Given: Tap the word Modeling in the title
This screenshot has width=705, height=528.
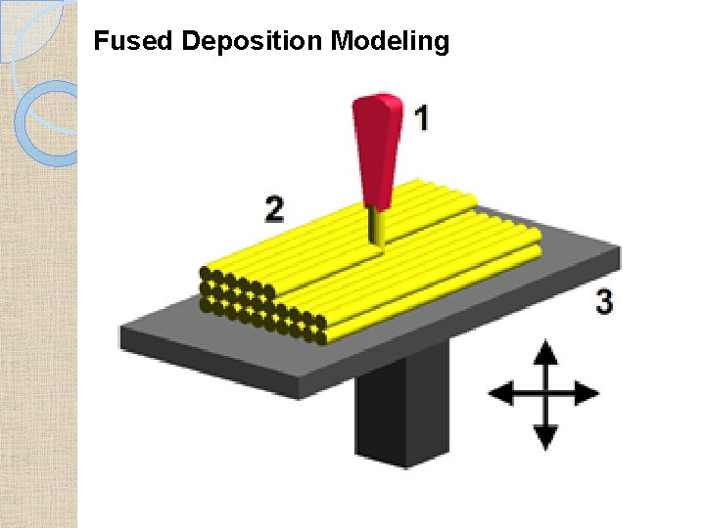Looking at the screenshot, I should pyautogui.click(x=390, y=42).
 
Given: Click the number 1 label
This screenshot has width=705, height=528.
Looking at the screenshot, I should pyautogui.click(x=421, y=120).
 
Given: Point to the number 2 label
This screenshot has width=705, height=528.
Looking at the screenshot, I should pyautogui.click(x=275, y=208).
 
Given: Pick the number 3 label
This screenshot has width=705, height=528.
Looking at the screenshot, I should pyautogui.click(x=604, y=303).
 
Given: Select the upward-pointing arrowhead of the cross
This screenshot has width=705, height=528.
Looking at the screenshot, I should pyautogui.click(x=546, y=351).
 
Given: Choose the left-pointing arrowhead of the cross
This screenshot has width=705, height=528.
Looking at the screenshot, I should pyautogui.click(x=500, y=394).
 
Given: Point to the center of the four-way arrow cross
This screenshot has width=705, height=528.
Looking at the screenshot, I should pyautogui.click(x=546, y=394).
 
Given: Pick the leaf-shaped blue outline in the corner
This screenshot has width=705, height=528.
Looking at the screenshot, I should pyautogui.click(x=34, y=29).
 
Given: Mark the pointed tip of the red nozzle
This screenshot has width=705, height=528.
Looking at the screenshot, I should pyautogui.click(x=373, y=206).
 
